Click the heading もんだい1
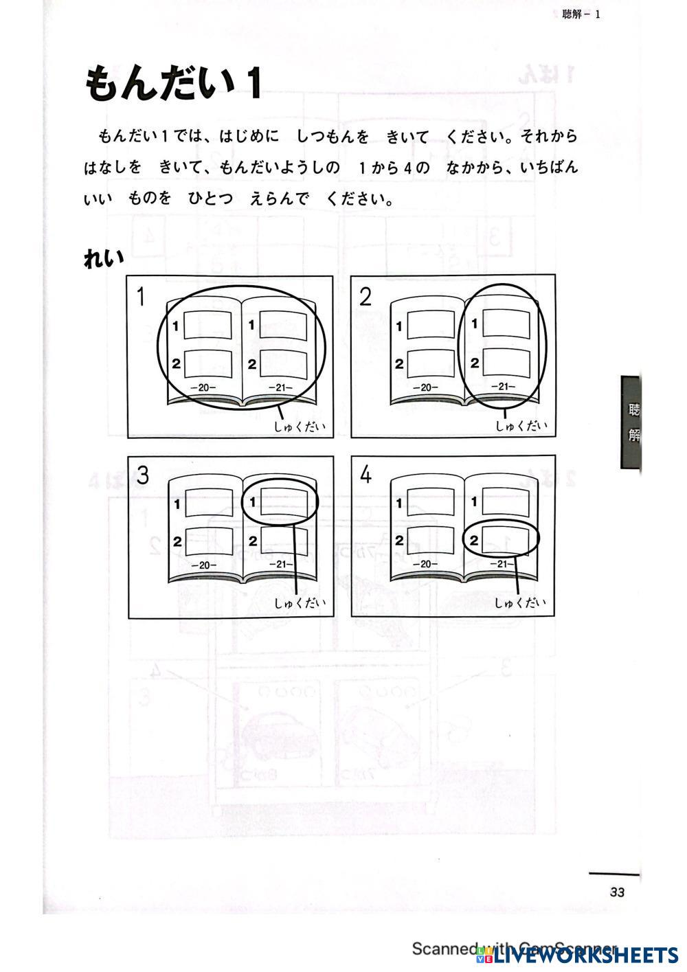[x=173, y=85]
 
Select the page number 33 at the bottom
[x=616, y=892]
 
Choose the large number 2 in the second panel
[x=365, y=297]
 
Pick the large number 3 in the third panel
[x=142, y=475]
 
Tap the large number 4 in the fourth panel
[x=365, y=475]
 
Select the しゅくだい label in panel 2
[x=521, y=426]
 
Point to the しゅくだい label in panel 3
[x=300, y=603]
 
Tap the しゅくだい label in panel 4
[x=521, y=602]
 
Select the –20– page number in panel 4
[x=426, y=564]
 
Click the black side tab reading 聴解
[x=632, y=422]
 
